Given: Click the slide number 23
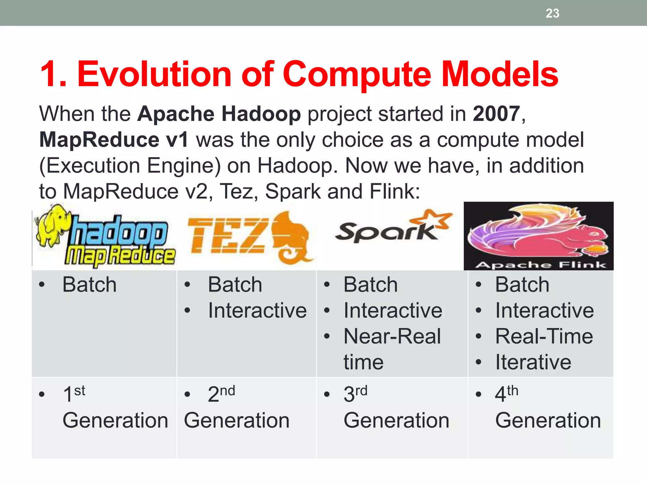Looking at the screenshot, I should [x=552, y=13].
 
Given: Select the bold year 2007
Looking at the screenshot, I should [x=496, y=114].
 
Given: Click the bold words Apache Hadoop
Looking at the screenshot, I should [x=219, y=114].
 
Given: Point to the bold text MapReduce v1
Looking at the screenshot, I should [x=114, y=140].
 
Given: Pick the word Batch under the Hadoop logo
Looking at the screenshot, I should [x=89, y=284].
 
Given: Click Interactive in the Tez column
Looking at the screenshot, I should [x=257, y=310].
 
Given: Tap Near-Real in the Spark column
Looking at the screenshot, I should [x=392, y=336].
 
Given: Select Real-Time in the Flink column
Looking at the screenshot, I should [x=544, y=336].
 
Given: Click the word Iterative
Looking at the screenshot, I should [x=533, y=362].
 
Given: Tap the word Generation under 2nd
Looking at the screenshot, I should [x=237, y=421].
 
